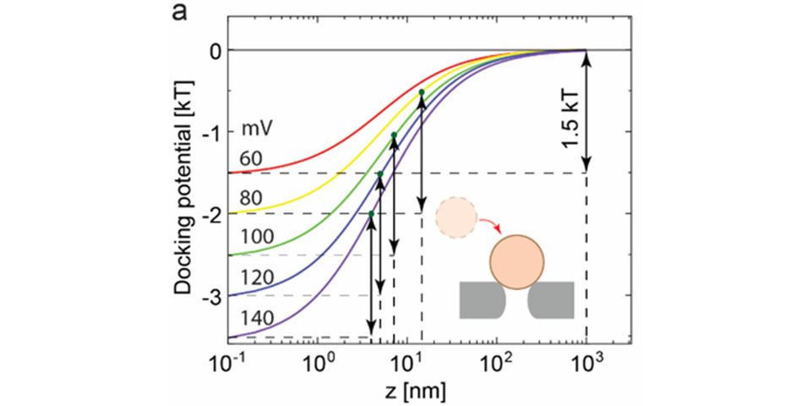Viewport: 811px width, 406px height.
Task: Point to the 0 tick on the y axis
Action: point(215,51)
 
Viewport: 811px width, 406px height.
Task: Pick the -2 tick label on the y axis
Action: point(211,214)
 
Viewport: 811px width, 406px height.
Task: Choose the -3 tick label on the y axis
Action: point(211,296)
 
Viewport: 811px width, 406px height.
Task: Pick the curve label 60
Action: point(252,157)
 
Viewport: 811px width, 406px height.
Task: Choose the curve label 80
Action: point(252,198)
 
